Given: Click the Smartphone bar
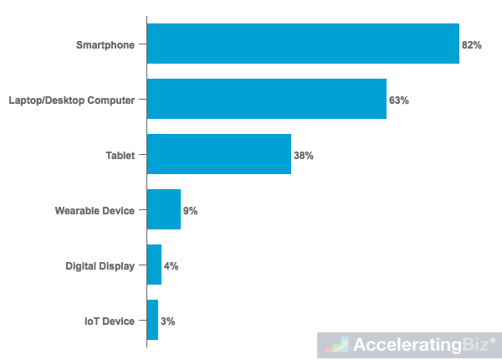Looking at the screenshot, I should click(303, 44).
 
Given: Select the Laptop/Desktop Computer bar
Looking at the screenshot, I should click(266, 99).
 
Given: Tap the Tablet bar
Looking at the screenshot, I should click(218, 154).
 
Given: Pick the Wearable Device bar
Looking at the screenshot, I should click(163, 209).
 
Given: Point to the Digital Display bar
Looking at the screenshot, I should click(154, 265).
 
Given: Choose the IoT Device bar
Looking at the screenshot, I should click(152, 320).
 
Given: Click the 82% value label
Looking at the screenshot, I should click(472, 44).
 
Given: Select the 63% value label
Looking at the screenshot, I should click(399, 100).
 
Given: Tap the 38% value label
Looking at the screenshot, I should click(304, 155).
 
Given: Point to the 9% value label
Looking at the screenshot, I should click(191, 210).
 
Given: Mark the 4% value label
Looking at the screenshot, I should click(172, 265).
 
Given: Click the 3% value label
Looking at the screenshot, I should click(168, 321).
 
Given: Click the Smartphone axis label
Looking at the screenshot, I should click(105, 44).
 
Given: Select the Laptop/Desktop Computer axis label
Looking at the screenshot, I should click(71, 100).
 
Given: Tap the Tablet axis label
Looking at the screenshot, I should click(120, 155).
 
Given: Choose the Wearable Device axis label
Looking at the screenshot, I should click(95, 210).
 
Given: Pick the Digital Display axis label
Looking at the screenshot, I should click(100, 265).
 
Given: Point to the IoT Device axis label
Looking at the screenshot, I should click(109, 321).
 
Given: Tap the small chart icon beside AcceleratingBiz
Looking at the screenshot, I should click(337, 344).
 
